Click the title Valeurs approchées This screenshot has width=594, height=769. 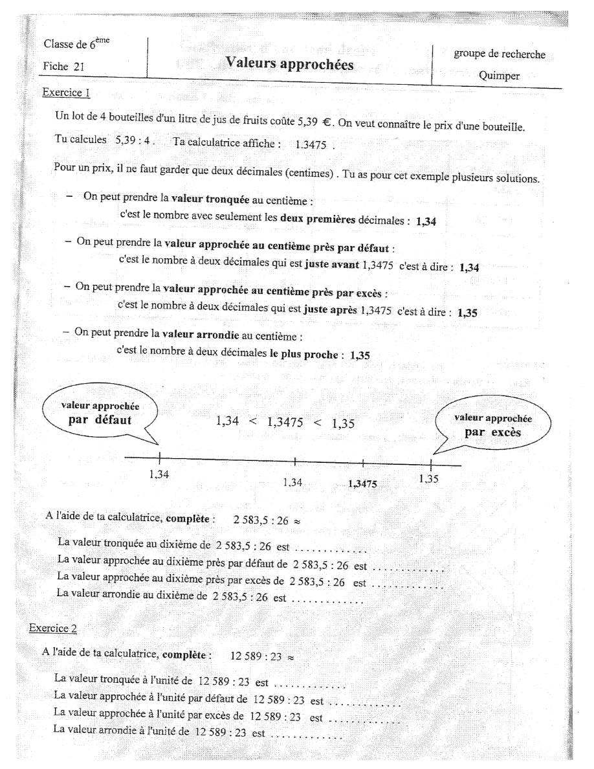pos(289,63)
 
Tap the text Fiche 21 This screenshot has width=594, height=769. pos(63,66)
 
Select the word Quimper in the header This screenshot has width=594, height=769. pos(499,75)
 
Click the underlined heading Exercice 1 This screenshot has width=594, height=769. pos(66,92)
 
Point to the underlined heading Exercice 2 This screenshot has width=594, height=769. pos(53,628)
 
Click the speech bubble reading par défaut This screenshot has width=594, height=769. pos(100,414)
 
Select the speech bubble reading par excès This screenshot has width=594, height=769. pos(492,425)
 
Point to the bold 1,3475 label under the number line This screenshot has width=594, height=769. pos(362,484)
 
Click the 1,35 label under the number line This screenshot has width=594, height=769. pos(428,479)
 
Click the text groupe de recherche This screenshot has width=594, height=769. pos(499,54)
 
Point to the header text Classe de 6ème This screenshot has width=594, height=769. pos(76,44)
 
